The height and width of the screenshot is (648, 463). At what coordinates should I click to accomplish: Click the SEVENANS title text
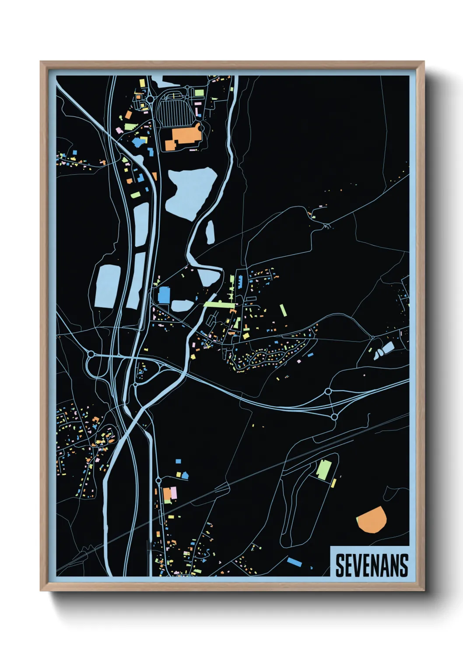tap(372, 565)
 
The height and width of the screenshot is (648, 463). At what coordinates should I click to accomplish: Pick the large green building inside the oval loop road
tap(324, 470)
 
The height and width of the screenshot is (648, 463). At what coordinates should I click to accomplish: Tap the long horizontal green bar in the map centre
tap(220, 304)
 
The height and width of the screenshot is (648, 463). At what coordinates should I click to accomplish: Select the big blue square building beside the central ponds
tap(164, 295)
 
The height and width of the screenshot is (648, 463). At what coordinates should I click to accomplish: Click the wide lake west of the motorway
tap(108, 286)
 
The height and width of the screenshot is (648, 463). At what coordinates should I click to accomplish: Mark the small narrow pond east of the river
tap(210, 232)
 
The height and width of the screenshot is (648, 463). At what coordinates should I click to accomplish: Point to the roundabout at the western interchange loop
tap(91, 354)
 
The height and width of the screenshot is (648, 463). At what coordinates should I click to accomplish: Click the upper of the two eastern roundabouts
tap(328, 391)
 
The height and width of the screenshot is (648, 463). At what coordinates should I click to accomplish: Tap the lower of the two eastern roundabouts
tap(334, 417)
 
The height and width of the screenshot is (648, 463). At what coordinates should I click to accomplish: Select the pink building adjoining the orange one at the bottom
tap(174, 492)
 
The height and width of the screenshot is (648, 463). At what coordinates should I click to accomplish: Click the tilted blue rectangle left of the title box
tap(294, 561)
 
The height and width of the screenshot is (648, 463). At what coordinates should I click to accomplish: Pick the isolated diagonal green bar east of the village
tap(283, 310)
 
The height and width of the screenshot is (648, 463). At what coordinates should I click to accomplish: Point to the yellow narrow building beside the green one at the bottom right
tap(334, 482)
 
